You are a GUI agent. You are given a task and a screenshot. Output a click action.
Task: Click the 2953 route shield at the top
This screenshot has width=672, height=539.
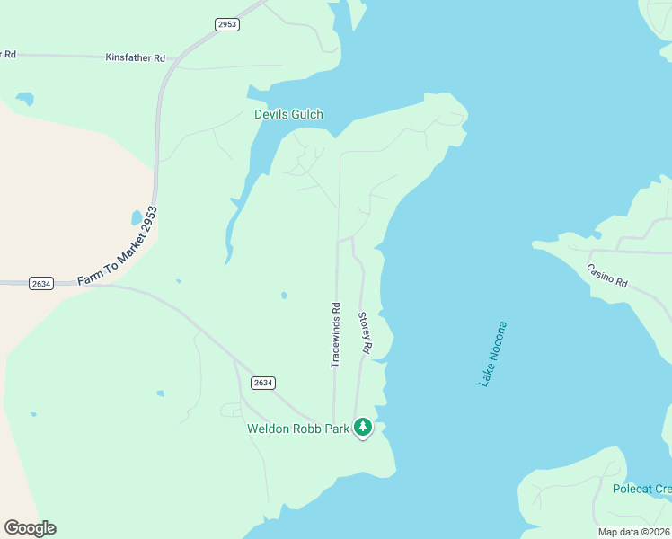[227, 24]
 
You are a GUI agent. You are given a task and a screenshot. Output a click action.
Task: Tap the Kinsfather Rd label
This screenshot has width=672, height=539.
[136, 57]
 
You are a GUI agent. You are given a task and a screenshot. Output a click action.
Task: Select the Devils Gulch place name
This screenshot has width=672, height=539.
[288, 114]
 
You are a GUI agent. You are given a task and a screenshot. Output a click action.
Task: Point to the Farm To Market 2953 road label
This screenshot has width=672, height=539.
[117, 247]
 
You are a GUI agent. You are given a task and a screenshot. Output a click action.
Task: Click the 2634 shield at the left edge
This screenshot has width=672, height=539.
[40, 283]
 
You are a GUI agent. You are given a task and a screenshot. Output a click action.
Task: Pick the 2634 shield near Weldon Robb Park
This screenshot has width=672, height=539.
[262, 383]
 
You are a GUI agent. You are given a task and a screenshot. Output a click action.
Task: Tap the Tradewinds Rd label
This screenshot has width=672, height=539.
[335, 334]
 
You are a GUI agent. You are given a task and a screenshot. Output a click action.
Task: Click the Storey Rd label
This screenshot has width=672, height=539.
[365, 331]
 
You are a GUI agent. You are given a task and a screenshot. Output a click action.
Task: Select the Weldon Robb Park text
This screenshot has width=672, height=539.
[297, 429]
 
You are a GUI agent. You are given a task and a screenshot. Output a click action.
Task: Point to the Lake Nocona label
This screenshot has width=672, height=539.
[492, 354]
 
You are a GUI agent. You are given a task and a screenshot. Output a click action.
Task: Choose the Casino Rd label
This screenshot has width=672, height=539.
[606, 275]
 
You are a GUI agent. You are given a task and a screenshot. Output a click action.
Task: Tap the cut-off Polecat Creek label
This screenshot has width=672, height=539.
[641, 489]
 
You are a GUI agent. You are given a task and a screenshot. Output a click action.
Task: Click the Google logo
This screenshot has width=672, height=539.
[30, 528]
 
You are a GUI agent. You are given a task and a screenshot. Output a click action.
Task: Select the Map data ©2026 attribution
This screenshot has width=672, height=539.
[633, 532]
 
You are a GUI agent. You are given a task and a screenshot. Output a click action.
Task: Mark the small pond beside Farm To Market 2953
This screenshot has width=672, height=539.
[136, 217]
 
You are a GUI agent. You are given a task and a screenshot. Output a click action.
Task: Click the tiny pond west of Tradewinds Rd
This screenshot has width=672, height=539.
[285, 295]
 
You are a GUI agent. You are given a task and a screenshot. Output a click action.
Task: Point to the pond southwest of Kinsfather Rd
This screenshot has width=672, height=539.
[24, 98]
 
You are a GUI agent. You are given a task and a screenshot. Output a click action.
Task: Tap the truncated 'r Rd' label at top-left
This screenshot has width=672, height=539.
[8, 54]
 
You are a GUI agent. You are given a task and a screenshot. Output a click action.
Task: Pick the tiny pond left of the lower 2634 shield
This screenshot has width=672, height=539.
[160, 393]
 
